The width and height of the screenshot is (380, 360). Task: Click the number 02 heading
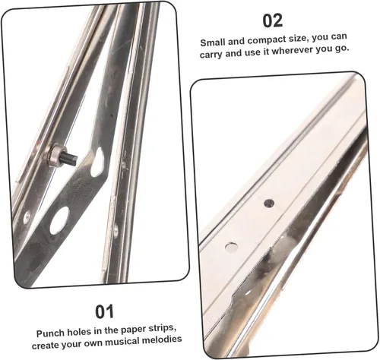tap(273, 21)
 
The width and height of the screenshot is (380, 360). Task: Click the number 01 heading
tap(104, 311)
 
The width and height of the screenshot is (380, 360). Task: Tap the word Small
tap(213, 43)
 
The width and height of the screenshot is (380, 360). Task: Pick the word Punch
tap(49, 333)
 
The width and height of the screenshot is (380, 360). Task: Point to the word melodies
tap(162, 339)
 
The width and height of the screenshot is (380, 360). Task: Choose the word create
tap(44, 345)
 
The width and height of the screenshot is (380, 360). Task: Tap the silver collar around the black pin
tap(55, 154)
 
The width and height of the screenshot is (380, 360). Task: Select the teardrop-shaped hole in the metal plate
tap(98, 163)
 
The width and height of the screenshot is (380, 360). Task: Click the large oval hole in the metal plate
tap(60, 219)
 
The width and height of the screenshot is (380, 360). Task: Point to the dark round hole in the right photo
tap(269, 203)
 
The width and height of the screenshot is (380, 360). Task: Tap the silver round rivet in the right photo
tap(232, 247)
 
